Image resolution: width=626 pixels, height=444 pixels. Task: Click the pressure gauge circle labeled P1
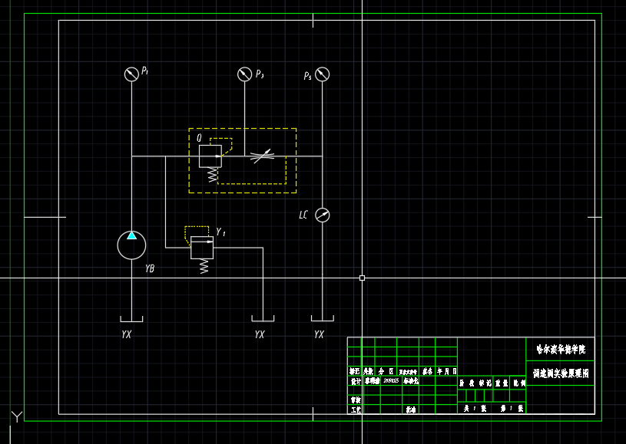[x=131, y=74]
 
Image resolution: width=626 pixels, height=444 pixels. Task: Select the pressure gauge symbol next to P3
[x=244, y=74]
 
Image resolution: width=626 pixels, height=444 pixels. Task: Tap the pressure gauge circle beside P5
[x=323, y=74]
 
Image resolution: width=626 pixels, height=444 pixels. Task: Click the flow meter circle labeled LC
[x=323, y=215]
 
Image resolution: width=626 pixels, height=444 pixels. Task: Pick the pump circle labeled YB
[x=131, y=245]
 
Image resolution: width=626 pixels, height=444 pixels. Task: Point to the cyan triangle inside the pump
[x=131, y=235]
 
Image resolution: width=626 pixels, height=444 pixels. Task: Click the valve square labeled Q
[x=210, y=156]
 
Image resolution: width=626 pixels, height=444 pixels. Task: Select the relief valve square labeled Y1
[x=202, y=248]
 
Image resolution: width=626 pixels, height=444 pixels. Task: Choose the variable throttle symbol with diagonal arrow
[x=263, y=156]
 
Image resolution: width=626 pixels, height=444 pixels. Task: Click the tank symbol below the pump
[x=131, y=319]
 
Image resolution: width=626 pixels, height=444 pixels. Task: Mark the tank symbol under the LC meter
[x=322, y=318]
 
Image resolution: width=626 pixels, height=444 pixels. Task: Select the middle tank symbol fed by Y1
[x=263, y=319]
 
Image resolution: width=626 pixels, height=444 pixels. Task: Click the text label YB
[x=150, y=268]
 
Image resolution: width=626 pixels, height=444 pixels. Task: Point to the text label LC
[x=303, y=215]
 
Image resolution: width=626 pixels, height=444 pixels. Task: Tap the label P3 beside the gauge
[x=260, y=74]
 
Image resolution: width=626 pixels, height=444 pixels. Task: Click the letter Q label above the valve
[x=200, y=138]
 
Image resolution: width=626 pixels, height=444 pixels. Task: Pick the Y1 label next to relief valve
[x=221, y=232]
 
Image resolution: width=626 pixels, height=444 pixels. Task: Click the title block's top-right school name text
[x=560, y=349]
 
